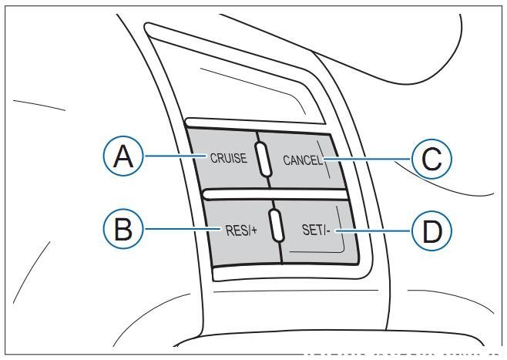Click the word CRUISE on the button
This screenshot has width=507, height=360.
tap(228, 158)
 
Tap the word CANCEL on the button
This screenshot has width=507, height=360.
tap(302, 160)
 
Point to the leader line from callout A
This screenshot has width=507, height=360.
tap(174, 157)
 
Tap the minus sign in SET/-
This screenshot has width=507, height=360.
tap(327, 230)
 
